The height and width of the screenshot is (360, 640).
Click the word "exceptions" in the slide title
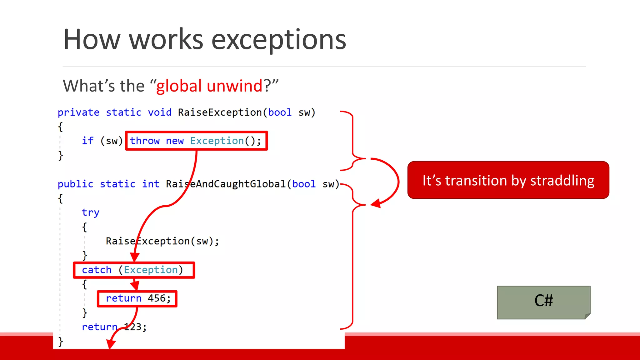(279, 40)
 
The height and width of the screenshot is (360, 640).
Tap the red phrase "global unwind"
(209, 86)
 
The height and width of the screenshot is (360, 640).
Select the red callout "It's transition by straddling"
(508, 180)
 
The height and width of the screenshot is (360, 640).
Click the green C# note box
(543, 302)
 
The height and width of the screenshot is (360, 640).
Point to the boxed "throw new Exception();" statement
(196, 141)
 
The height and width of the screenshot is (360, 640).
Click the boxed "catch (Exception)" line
(134, 270)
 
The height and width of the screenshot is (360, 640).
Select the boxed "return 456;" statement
(137, 299)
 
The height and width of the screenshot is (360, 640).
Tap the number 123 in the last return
(133, 327)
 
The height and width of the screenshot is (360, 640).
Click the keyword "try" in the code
(90, 212)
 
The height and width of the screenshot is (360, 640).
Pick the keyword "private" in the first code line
(78, 112)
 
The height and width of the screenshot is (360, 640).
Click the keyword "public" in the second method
(75, 184)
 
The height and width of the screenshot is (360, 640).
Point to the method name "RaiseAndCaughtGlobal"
(226, 184)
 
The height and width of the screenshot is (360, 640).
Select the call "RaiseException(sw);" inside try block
(162, 241)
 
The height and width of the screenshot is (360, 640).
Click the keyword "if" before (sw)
(87, 141)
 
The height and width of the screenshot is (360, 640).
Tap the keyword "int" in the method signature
(151, 184)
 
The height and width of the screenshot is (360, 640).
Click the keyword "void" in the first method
(159, 112)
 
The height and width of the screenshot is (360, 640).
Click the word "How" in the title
(92, 40)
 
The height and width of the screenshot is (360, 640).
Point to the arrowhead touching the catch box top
(134, 257)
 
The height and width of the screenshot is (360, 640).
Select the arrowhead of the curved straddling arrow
(376, 203)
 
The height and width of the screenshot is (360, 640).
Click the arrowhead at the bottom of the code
(111, 344)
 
